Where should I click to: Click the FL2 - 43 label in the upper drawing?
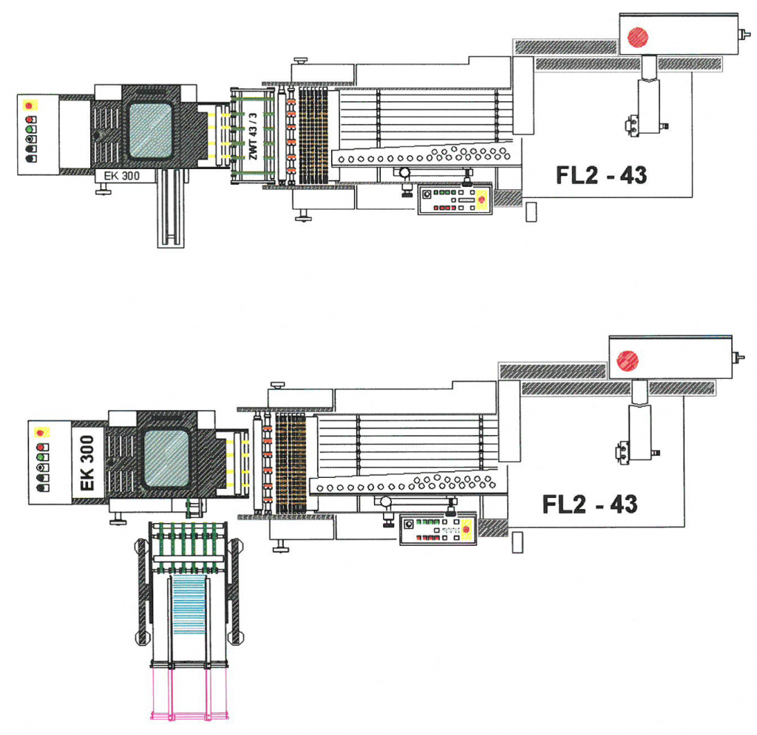[601, 175]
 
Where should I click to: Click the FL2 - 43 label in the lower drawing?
[590, 504]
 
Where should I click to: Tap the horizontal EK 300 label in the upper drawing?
[122, 176]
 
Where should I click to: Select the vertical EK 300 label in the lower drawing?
[87, 463]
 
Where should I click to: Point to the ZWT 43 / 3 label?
[253, 137]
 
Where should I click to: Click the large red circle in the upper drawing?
[638, 37]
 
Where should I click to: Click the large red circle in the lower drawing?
[628, 360]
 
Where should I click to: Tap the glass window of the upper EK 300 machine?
[151, 130]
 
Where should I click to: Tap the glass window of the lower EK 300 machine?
[166, 458]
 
